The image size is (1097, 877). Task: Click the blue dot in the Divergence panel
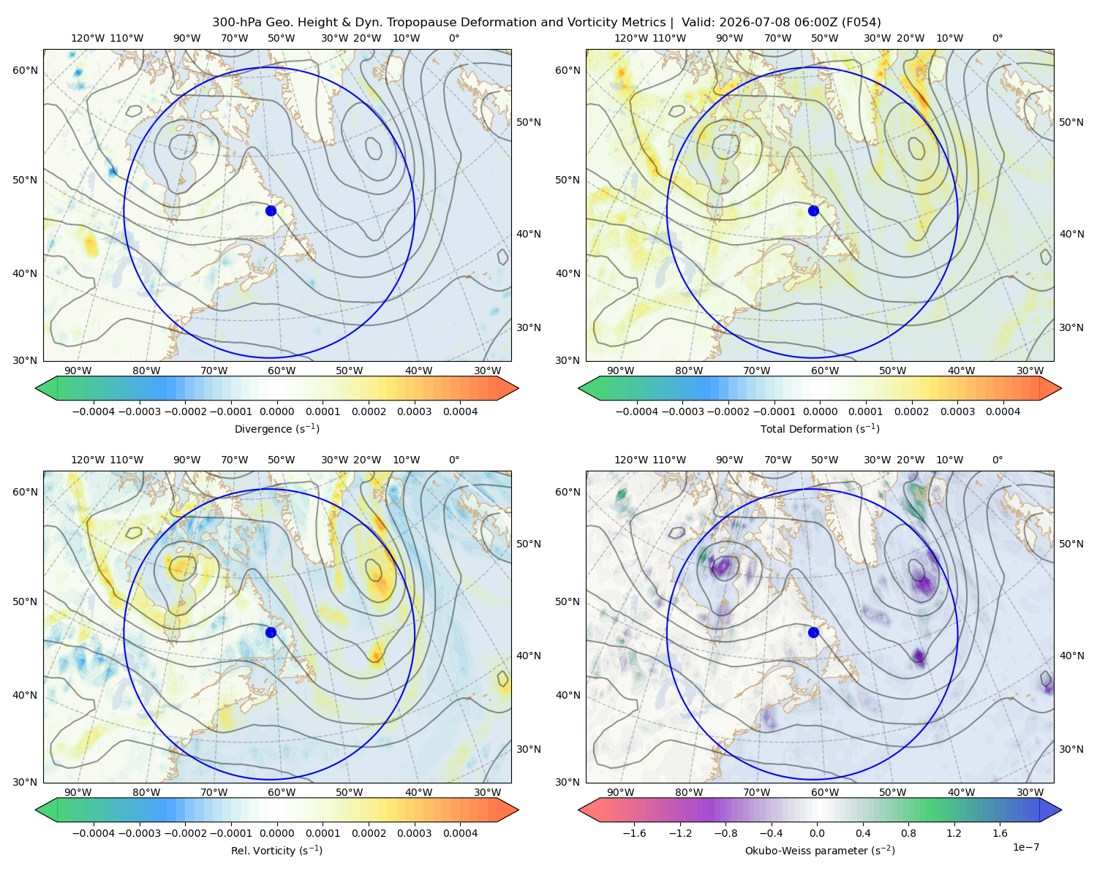(x=271, y=210)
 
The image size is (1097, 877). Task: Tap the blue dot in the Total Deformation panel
(x=813, y=210)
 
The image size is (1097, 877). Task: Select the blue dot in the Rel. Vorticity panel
(x=271, y=632)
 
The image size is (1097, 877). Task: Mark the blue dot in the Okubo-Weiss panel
(x=813, y=632)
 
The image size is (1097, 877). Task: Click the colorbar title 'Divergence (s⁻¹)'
(x=276, y=428)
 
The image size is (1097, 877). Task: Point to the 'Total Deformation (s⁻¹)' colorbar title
(x=820, y=428)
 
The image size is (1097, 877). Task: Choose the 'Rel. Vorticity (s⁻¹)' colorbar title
(x=276, y=850)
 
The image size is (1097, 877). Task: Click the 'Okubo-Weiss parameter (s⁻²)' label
(x=820, y=850)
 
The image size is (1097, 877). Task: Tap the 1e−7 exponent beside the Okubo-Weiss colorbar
(x=1025, y=847)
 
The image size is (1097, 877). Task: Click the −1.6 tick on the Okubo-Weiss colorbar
(x=634, y=833)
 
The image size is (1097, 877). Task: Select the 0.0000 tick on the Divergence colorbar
(x=276, y=411)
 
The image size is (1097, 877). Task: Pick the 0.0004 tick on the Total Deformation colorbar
(x=1003, y=411)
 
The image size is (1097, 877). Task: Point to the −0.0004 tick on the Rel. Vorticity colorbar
(x=94, y=833)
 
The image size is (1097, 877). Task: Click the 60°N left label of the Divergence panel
(x=25, y=70)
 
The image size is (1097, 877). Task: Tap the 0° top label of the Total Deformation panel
(x=997, y=38)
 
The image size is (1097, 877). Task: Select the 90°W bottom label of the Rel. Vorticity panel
(x=78, y=792)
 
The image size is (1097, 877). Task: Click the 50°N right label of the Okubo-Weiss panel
(x=1071, y=544)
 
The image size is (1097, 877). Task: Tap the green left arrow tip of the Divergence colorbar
(x=36, y=388)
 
